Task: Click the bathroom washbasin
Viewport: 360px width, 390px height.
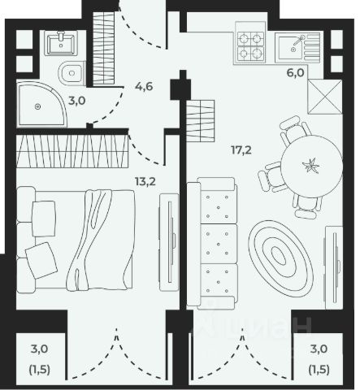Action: [x=61, y=43]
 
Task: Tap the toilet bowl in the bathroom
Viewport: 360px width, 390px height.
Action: [x=72, y=72]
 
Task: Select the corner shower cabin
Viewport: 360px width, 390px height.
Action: [x=41, y=104]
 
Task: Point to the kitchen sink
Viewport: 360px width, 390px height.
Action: [x=297, y=46]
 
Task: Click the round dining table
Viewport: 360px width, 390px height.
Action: [x=311, y=166]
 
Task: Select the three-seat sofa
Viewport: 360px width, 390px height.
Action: [x=212, y=243]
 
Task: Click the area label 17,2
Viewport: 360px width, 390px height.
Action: [x=241, y=149]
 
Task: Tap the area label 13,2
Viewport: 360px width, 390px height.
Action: [x=145, y=181]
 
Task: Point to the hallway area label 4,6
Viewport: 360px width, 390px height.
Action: [x=144, y=87]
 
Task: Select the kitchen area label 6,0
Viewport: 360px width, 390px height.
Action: [x=296, y=73]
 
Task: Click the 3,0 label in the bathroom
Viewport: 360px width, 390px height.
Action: [x=77, y=101]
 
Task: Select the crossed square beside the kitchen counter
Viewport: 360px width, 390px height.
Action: [x=325, y=97]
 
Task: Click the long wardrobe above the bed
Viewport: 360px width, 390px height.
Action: [x=72, y=151]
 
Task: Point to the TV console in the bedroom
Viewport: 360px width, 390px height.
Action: [x=169, y=242]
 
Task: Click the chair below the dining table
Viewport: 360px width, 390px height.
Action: [x=307, y=207]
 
